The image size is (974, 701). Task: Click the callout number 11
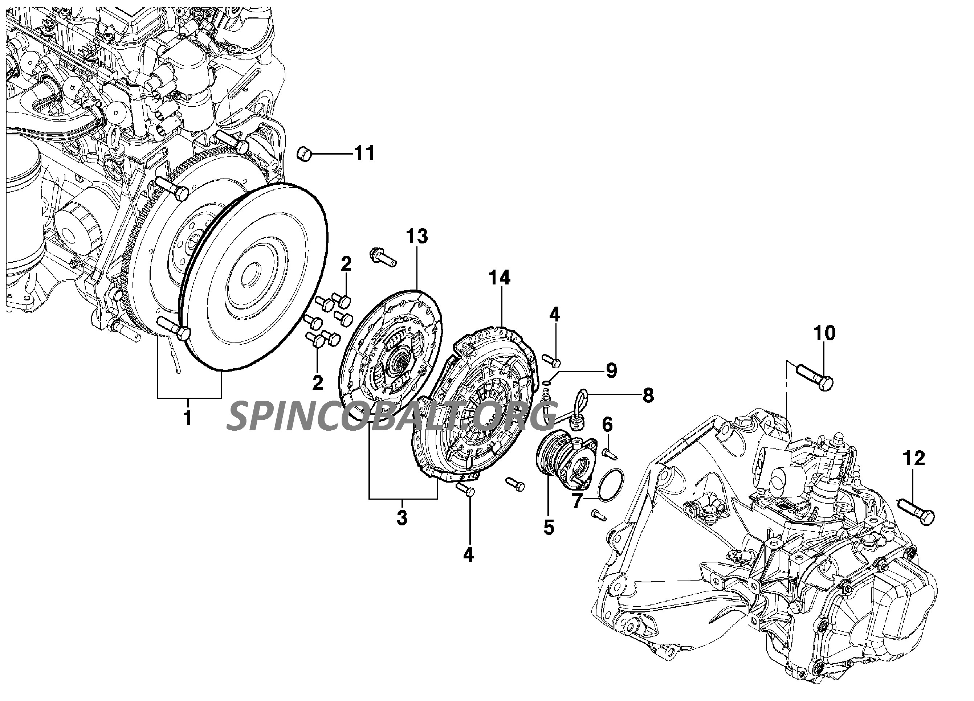pyautogui.click(x=364, y=153)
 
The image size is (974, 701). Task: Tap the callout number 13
pyautogui.click(x=417, y=237)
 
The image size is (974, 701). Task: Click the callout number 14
pyautogui.click(x=500, y=278)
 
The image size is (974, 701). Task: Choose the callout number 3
pyautogui.click(x=402, y=518)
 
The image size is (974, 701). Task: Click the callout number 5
pyautogui.click(x=549, y=527)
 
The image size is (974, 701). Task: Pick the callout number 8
pyautogui.click(x=648, y=395)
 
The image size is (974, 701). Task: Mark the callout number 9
pyautogui.click(x=611, y=370)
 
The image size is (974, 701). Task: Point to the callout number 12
pyautogui.click(x=913, y=459)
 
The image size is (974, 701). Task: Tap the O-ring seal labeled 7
pyautogui.click(x=610, y=485)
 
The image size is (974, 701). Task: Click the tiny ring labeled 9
pyautogui.click(x=547, y=383)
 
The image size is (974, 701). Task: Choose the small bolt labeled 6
pyautogui.click(x=609, y=453)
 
